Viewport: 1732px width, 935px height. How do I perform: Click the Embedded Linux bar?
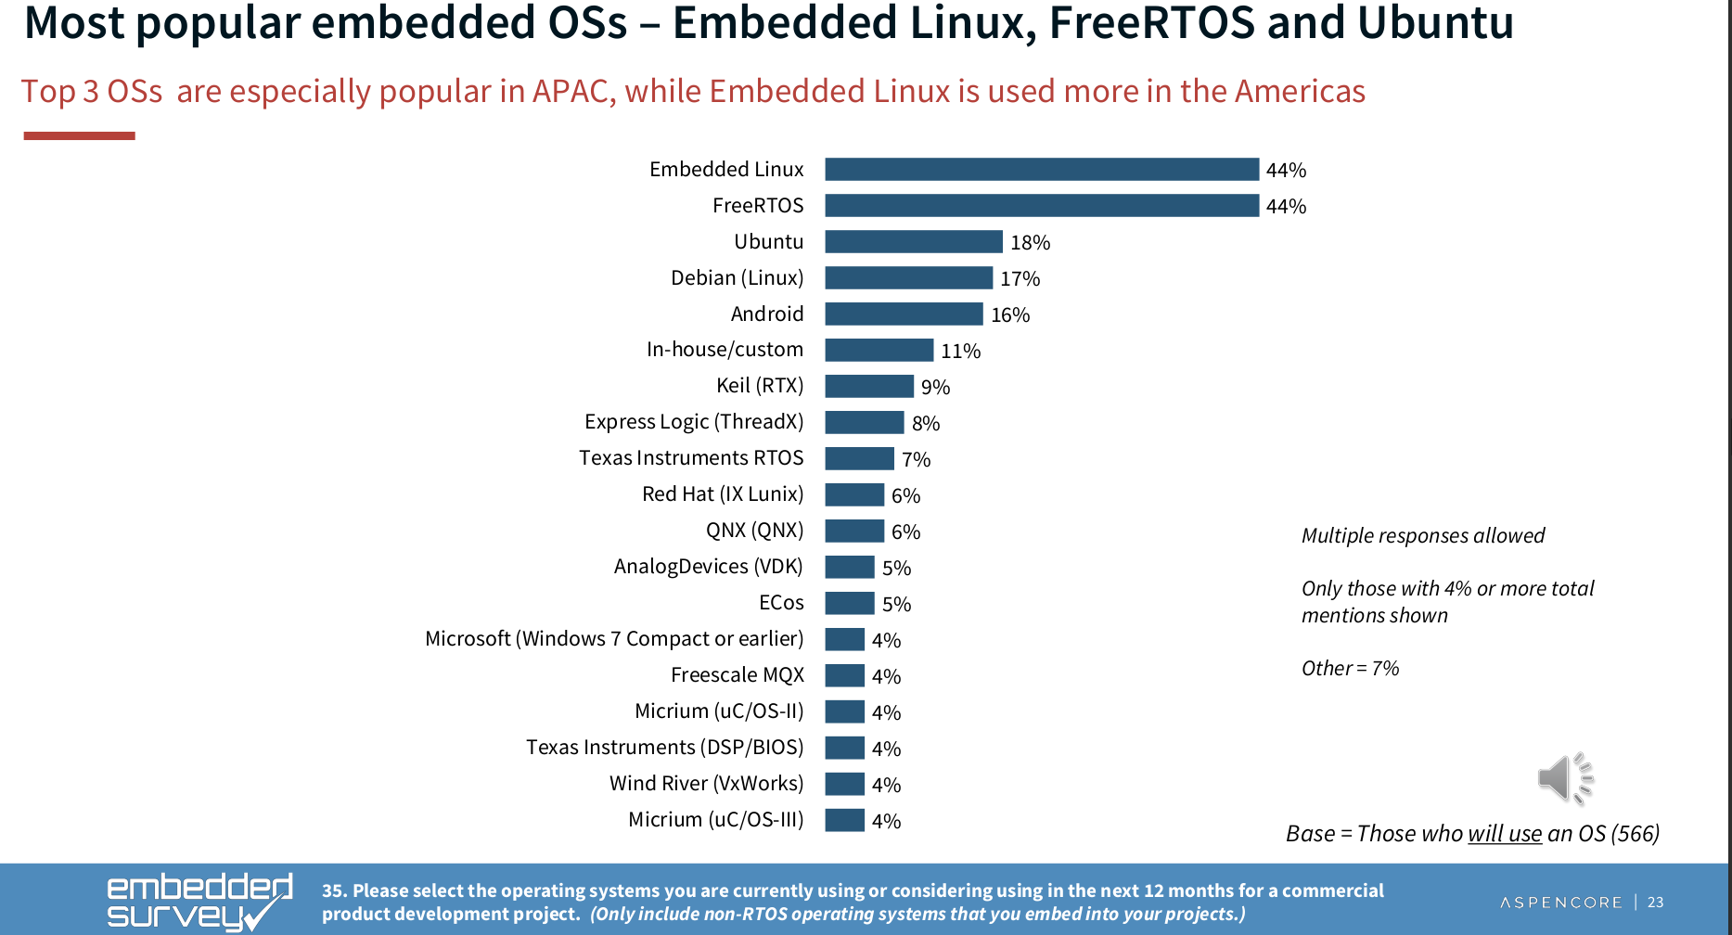(1041, 169)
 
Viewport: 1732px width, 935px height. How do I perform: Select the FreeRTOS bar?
(1041, 205)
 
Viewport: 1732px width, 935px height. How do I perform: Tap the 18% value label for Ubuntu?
(1030, 242)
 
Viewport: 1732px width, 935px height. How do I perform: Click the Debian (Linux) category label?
(737, 277)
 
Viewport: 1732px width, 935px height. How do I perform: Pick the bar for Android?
(903, 314)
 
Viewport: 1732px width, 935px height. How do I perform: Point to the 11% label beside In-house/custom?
(960, 351)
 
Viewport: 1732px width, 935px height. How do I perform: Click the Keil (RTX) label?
(759, 385)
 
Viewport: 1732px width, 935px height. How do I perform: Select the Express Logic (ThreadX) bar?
(864, 422)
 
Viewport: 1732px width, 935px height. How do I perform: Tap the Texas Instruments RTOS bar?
(859, 458)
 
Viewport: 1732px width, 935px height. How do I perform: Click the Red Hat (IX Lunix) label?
(722, 493)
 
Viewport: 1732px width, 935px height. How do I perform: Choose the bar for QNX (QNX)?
(853, 531)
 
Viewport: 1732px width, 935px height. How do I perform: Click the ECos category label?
(781, 602)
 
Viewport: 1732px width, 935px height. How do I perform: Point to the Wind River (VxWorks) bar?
(844, 784)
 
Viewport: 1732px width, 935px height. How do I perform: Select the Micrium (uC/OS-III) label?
(715, 819)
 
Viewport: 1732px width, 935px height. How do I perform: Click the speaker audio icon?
(1565, 777)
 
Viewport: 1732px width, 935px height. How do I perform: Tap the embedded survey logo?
(199, 901)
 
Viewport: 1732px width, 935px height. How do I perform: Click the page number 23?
(1655, 902)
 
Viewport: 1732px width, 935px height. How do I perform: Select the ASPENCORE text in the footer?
(1561, 902)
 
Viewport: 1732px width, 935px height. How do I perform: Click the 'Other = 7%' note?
(1350, 668)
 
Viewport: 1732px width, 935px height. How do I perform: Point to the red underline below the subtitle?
(79, 136)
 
